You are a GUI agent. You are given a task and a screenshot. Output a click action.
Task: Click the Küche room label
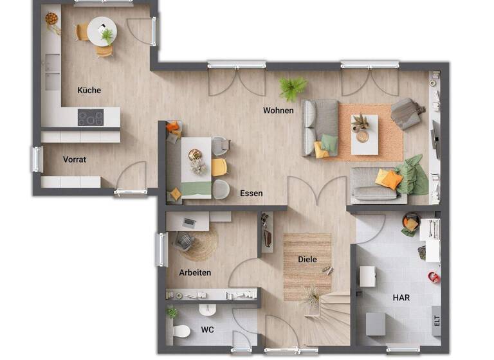click(x=89, y=90)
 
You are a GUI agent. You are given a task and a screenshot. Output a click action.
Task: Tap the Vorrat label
click(x=75, y=159)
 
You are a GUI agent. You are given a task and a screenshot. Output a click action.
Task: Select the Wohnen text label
click(x=278, y=111)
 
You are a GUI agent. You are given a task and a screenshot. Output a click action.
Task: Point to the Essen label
click(x=251, y=193)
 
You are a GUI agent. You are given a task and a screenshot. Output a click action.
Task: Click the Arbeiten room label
click(x=195, y=273)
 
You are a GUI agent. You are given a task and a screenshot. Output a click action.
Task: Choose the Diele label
click(x=307, y=259)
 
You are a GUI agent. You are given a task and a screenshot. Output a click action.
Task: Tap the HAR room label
click(x=401, y=298)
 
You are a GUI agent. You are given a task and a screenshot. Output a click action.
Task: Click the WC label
click(x=207, y=330)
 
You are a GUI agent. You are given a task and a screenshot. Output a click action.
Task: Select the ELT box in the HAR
click(x=437, y=319)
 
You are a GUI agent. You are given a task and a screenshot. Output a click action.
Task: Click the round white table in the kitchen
click(x=100, y=31)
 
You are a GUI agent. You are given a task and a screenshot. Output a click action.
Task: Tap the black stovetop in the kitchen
click(x=91, y=118)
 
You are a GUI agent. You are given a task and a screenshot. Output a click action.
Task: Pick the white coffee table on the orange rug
click(x=364, y=134)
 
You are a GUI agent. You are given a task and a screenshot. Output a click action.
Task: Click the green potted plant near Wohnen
click(x=293, y=87)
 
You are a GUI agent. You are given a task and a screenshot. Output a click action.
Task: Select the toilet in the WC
click(x=181, y=332)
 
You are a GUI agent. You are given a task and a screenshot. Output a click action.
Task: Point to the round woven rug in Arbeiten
click(x=200, y=244)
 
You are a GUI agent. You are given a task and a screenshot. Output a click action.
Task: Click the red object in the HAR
click(x=434, y=277)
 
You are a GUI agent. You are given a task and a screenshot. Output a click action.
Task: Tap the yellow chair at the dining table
click(x=219, y=167)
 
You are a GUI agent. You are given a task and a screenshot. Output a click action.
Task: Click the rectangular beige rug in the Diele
click(x=307, y=265)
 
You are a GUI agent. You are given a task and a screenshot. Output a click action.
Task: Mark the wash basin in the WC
click(x=208, y=310)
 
